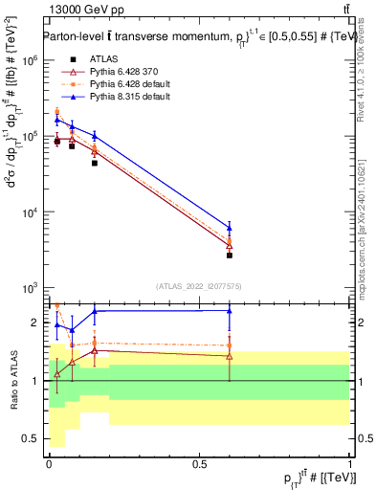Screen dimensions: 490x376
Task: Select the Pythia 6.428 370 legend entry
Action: (123, 72)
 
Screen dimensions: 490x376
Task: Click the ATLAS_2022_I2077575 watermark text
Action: (198, 286)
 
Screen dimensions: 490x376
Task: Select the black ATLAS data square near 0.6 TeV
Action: (230, 256)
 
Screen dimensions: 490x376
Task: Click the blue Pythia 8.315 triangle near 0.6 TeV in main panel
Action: (230, 228)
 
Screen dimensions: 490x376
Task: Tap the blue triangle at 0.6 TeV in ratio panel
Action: (230, 310)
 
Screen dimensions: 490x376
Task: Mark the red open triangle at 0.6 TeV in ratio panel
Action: (230, 356)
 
